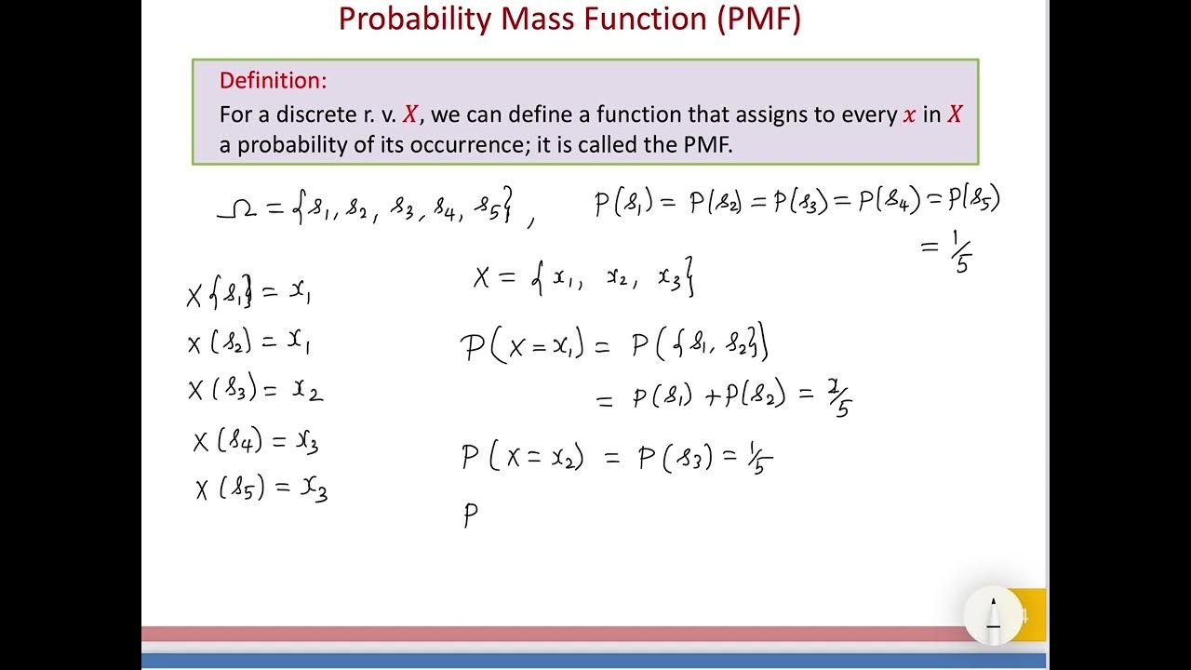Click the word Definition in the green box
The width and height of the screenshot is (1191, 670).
coord(273,81)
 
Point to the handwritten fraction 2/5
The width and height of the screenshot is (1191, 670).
coord(837,400)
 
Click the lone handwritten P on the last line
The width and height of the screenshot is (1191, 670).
coord(471,516)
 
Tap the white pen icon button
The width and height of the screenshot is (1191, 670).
coord(993,614)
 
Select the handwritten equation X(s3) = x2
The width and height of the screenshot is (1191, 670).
coord(255,389)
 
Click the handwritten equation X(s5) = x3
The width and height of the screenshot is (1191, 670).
coord(261,489)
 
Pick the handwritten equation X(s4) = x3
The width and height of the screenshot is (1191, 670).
coord(256,441)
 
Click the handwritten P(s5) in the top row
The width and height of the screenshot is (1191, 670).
coord(973,199)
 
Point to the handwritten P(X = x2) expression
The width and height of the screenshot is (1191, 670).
coord(522,457)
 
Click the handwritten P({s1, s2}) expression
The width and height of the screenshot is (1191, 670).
coord(700,346)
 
